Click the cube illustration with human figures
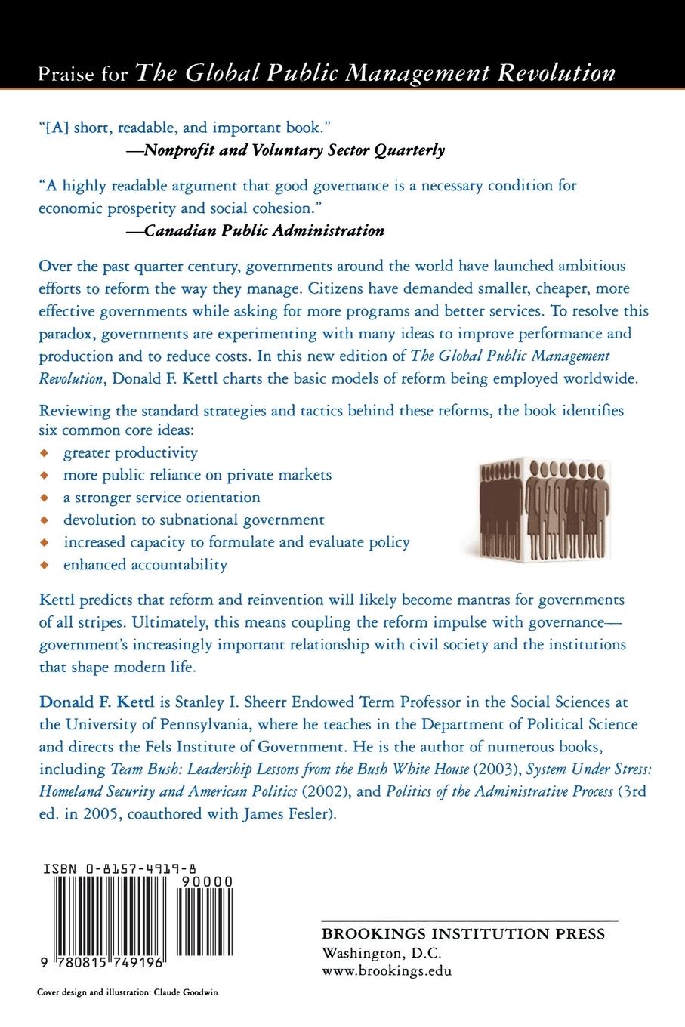[x=545, y=512]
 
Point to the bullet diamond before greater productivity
[x=45, y=453]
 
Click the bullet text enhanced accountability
[x=145, y=564]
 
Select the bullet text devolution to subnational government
[x=194, y=520]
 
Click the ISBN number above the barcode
[x=142, y=869]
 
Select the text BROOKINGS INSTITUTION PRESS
[x=463, y=934]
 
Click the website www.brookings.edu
[x=387, y=971]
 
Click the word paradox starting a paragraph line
[x=66, y=333]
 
